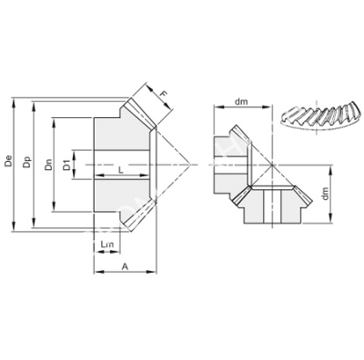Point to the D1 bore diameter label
[x=66, y=166]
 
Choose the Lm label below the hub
[x=108, y=245]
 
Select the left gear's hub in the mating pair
[x=225, y=165]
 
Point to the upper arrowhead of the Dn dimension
[x=55, y=119]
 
